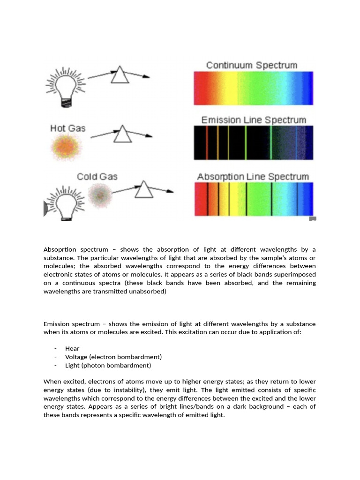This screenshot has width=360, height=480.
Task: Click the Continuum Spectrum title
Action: click(x=252, y=65)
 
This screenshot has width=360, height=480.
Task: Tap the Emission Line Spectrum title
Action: click(x=254, y=120)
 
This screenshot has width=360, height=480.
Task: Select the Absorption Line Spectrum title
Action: click(x=253, y=177)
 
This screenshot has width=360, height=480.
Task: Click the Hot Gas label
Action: click(x=68, y=128)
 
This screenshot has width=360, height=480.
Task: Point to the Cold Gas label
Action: click(x=97, y=177)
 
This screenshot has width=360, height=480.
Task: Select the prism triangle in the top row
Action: click(x=120, y=75)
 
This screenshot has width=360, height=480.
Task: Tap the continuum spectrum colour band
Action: click(x=253, y=88)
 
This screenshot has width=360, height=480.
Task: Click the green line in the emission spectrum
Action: click(x=271, y=143)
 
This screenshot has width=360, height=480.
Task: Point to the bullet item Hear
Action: click(x=72, y=348)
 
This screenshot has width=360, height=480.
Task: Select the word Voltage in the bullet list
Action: click(x=76, y=357)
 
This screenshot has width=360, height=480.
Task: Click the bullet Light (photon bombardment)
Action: click(x=108, y=365)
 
